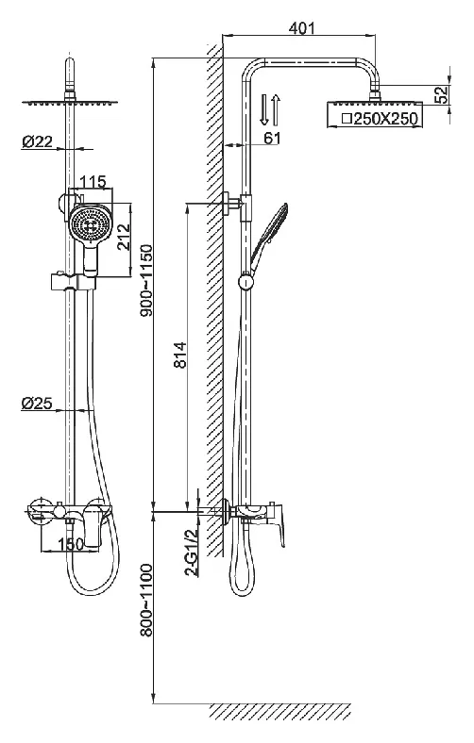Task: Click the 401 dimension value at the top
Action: [301, 28]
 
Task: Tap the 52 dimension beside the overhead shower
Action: [441, 95]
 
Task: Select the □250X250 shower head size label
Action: [381, 119]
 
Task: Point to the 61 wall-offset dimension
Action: [272, 138]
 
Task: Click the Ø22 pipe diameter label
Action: [37, 140]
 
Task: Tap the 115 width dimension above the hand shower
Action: [93, 181]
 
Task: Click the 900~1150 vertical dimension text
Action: [147, 281]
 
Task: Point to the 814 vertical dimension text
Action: [180, 355]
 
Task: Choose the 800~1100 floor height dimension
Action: [147, 600]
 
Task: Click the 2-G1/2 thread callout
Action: [193, 552]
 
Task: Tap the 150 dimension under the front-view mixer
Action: [71, 544]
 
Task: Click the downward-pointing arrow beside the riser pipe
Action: [265, 109]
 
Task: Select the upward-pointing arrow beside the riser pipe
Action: [277, 109]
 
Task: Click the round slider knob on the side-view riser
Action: [245, 281]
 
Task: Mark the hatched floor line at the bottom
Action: [279, 710]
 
